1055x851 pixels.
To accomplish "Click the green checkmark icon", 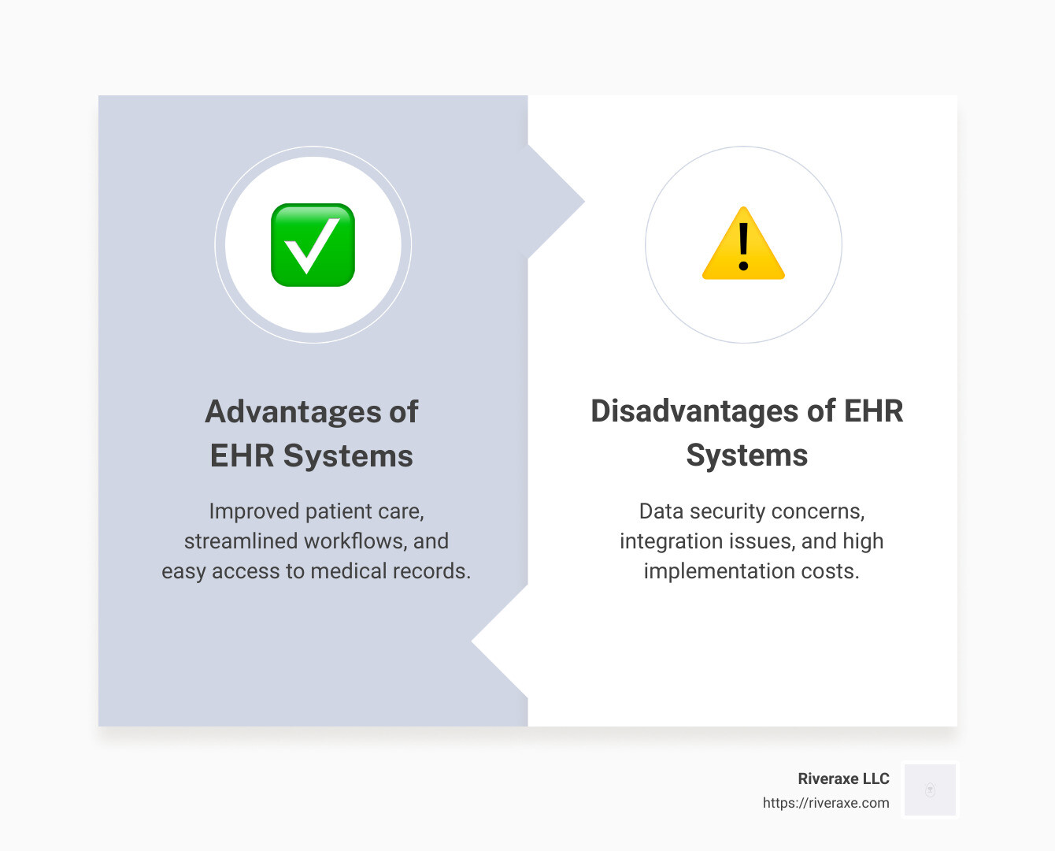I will pos(313,245).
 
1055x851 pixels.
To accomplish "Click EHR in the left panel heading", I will pos(242,455).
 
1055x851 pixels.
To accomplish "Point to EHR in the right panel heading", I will pos(873,411).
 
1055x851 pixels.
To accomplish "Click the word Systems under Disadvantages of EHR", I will pos(746,455).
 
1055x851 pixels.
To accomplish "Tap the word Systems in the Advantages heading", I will pos(348,455).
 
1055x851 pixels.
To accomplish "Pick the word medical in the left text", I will pos(349,571).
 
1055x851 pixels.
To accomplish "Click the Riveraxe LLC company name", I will pos(843,779).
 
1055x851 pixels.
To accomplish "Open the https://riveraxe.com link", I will pos(826,803).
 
